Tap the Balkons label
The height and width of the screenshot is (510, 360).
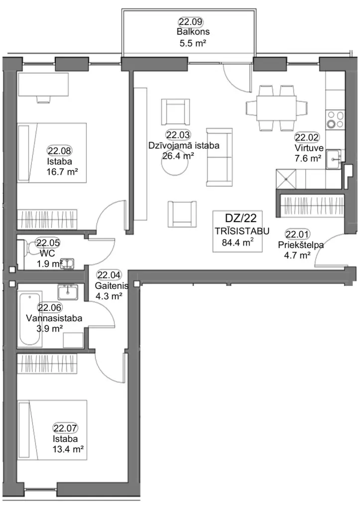[193, 32]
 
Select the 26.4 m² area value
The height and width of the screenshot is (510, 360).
[178, 156]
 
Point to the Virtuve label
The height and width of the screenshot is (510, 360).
[309, 148]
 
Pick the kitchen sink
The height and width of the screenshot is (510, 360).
[334, 159]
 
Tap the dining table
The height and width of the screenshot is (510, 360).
[276, 108]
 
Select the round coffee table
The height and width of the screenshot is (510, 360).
[175, 164]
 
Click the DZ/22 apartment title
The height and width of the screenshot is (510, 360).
[240, 218]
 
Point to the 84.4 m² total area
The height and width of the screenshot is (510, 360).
[238, 242]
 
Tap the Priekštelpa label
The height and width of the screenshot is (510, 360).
[301, 245]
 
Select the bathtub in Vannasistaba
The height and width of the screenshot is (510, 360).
[30, 319]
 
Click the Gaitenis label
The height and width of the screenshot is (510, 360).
[112, 286]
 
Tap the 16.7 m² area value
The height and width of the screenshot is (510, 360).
[62, 172]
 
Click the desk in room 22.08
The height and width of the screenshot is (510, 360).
[43, 84]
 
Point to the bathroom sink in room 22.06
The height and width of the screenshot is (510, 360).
[68, 292]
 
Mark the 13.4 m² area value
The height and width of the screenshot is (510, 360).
[68, 450]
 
